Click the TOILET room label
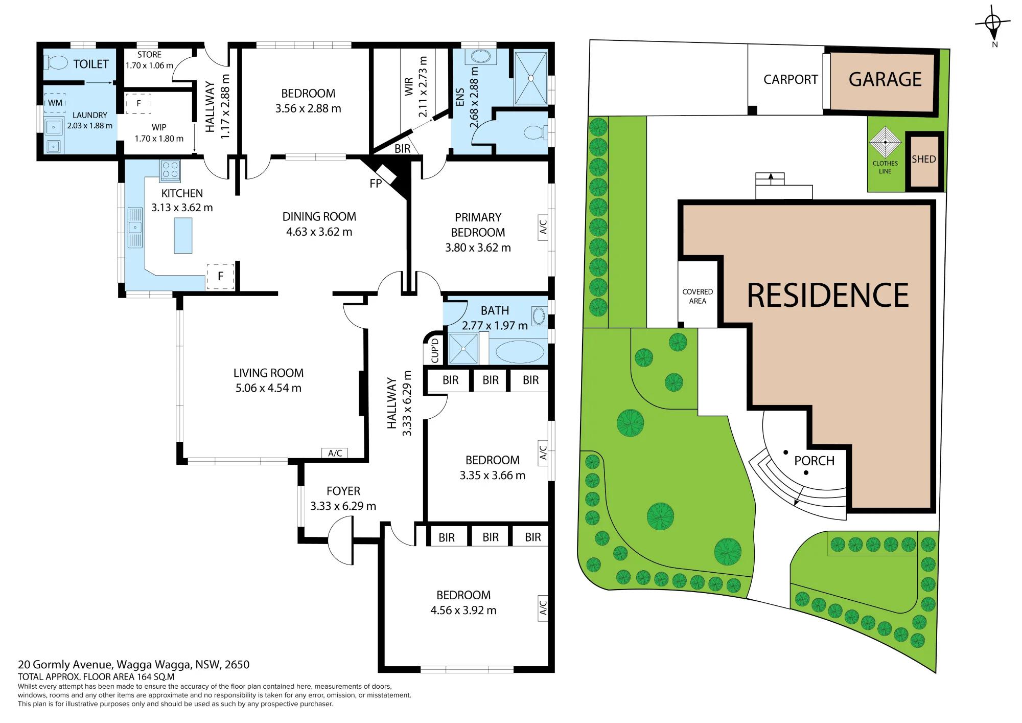pyautogui.click(x=91, y=64)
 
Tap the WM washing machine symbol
pyautogui.click(x=55, y=103)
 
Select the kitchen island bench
pyautogui.click(x=183, y=236)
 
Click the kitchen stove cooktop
pyautogui.click(x=170, y=171)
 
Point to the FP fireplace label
pyautogui.click(x=376, y=184)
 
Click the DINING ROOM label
pyautogui.click(x=319, y=217)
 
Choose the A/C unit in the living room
pyautogui.click(x=335, y=453)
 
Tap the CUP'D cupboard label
pyautogui.click(x=435, y=350)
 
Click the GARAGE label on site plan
pyautogui.click(x=885, y=79)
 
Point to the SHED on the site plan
pyautogui.click(x=924, y=161)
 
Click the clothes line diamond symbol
pyautogui.click(x=885, y=142)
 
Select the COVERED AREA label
pyautogui.click(x=698, y=297)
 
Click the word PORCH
pyautogui.click(x=814, y=461)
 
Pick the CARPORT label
pyautogui.click(x=791, y=79)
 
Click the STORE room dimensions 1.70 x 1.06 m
pyautogui.click(x=149, y=65)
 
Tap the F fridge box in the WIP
pyautogui.click(x=138, y=103)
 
